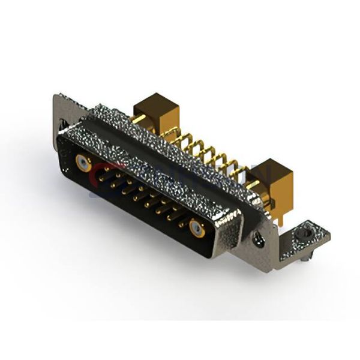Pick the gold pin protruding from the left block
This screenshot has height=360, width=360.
pos(138,119)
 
